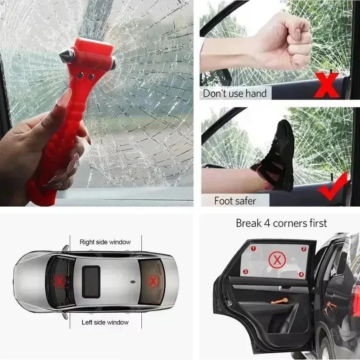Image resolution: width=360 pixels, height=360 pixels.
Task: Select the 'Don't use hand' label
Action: tap(235, 94)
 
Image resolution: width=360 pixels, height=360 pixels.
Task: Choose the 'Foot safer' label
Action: tap(235, 201)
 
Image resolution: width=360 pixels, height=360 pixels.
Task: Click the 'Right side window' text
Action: tap(105, 242)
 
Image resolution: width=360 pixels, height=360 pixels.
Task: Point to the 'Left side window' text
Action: tap(105, 322)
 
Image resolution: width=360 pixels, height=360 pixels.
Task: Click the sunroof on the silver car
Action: tap(91, 281)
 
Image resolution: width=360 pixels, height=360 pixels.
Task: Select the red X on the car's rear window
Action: tap(153, 282)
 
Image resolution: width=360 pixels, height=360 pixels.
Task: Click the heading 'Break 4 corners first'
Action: tap(281, 223)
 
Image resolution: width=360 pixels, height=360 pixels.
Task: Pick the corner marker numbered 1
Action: tap(253, 248)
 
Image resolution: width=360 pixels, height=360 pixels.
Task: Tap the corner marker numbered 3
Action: tap(245, 271)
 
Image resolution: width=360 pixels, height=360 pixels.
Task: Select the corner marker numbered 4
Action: tap(301, 274)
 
